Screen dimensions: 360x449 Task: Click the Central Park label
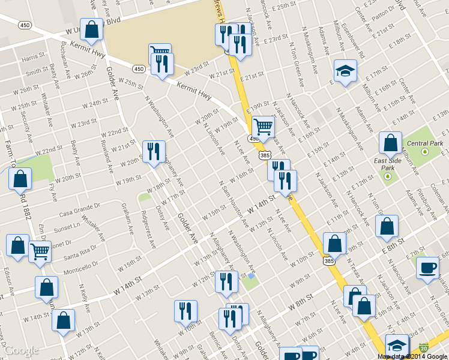[424, 143]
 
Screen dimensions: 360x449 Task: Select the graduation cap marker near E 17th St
[345, 71]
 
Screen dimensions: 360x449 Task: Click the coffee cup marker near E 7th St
[427, 268]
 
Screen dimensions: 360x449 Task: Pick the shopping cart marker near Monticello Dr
[40, 251]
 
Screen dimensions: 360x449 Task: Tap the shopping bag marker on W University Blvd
[91, 29]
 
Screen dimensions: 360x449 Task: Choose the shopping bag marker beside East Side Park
[390, 143]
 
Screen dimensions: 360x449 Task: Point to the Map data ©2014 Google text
[412, 356]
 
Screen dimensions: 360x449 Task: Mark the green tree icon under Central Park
[424, 151]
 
